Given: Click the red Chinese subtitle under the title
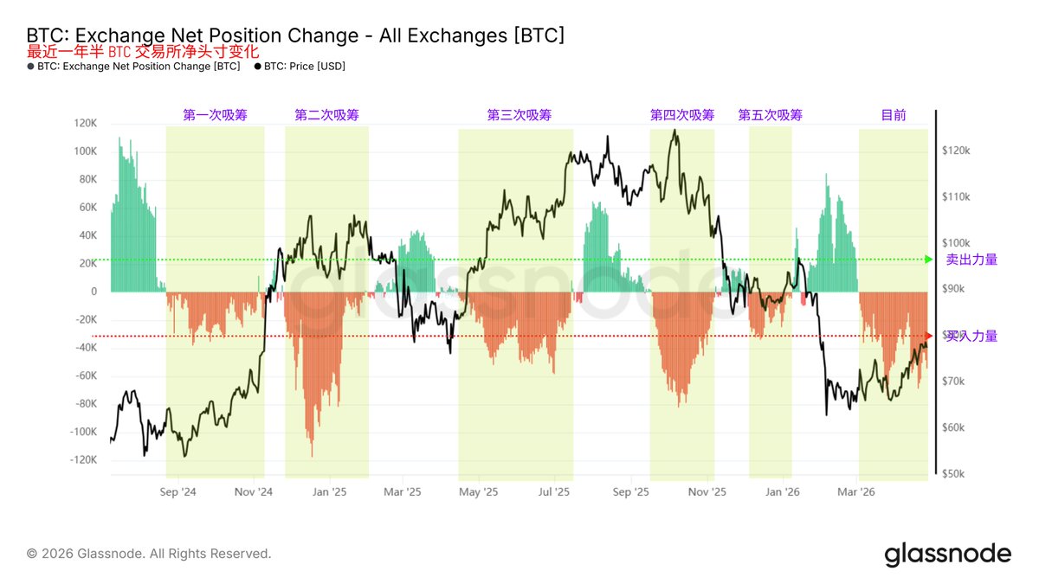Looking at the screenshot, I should (x=143, y=52).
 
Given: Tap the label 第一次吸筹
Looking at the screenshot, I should (x=215, y=115).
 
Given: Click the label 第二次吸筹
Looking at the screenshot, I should (x=326, y=115).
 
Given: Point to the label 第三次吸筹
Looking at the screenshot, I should (x=519, y=115).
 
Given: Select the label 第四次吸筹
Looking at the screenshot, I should (x=682, y=115).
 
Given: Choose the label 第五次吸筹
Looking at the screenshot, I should (x=770, y=115).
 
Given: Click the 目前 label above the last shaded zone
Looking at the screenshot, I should (x=894, y=115).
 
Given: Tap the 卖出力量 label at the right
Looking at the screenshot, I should (x=971, y=259).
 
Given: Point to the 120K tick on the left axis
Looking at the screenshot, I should (x=85, y=123).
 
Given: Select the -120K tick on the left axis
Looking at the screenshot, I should (x=83, y=460).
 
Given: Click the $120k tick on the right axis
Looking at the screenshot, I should (x=957, y=151).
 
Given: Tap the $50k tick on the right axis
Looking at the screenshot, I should (x=955, y=474).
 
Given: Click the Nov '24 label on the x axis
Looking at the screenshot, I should (x=254, y=491).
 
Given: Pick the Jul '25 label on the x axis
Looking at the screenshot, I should (x=554, y=491).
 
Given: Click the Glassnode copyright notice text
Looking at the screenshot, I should (x=148, y=554).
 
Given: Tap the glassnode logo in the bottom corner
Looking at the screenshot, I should (x=947, y=554).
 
